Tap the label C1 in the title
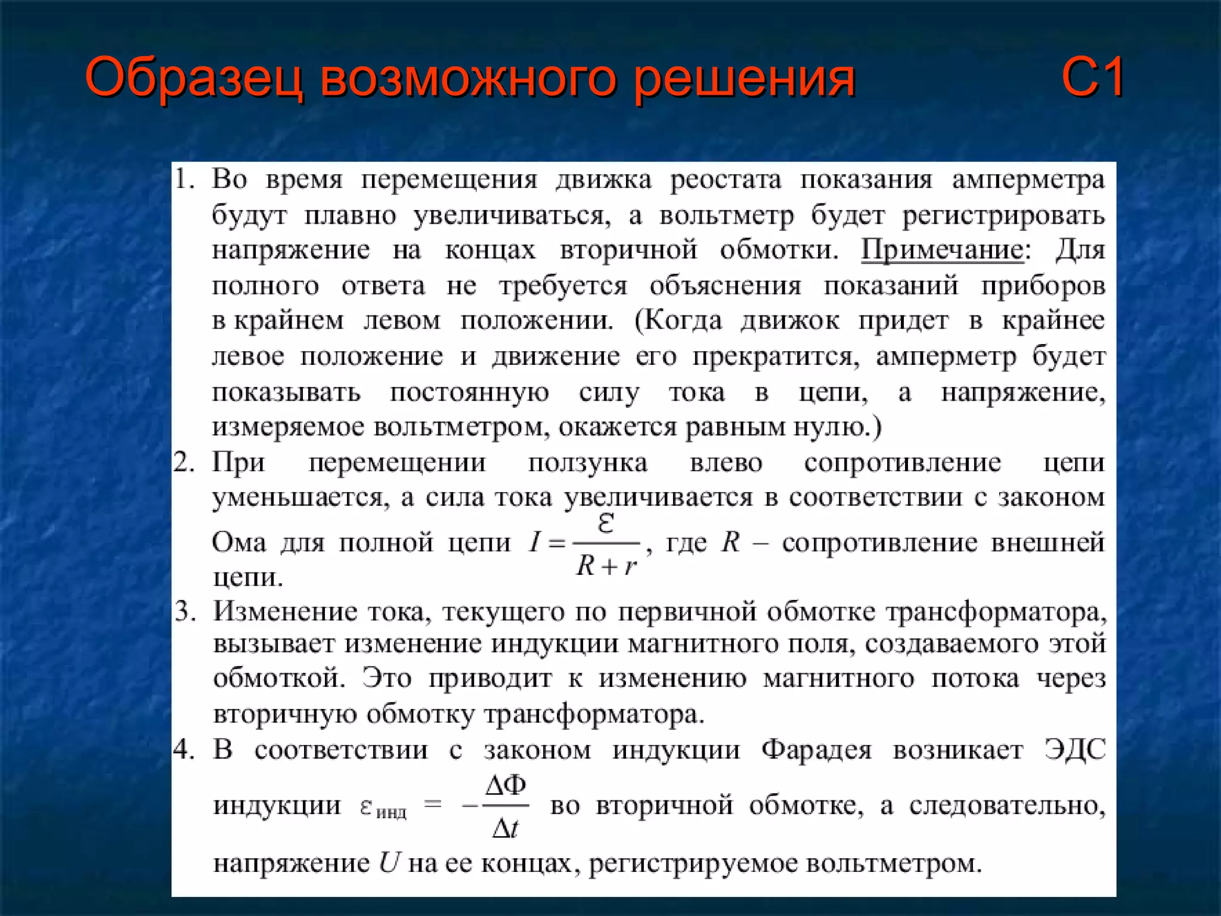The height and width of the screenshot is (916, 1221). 1093,78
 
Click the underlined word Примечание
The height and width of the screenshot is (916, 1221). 942,250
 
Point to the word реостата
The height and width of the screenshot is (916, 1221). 726,180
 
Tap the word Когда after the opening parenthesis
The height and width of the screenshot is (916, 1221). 682,321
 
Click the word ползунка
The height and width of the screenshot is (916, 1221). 587,463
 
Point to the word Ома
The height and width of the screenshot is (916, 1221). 238,543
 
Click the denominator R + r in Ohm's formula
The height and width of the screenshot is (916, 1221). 606,565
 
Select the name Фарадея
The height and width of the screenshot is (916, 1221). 816,750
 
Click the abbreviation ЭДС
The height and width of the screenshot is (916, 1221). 1075,750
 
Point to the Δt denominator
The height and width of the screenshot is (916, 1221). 506,828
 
